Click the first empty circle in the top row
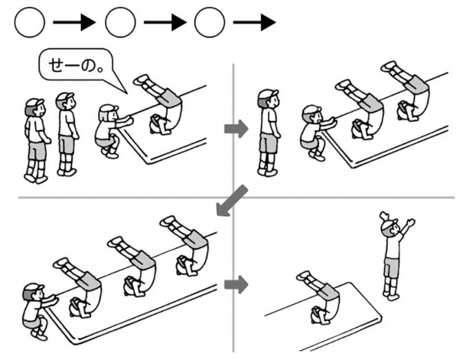point(30,23)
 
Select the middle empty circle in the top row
point(120,23)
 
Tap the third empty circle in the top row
point(210,23)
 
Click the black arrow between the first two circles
point(74,23)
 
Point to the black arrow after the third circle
point(254,23)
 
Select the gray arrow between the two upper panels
point(236,129)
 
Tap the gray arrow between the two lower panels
point(236,284)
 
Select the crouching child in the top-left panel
point(109,131)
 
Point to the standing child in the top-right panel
point(268,131)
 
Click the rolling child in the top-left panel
point(163,104)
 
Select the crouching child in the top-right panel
point(315,131)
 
